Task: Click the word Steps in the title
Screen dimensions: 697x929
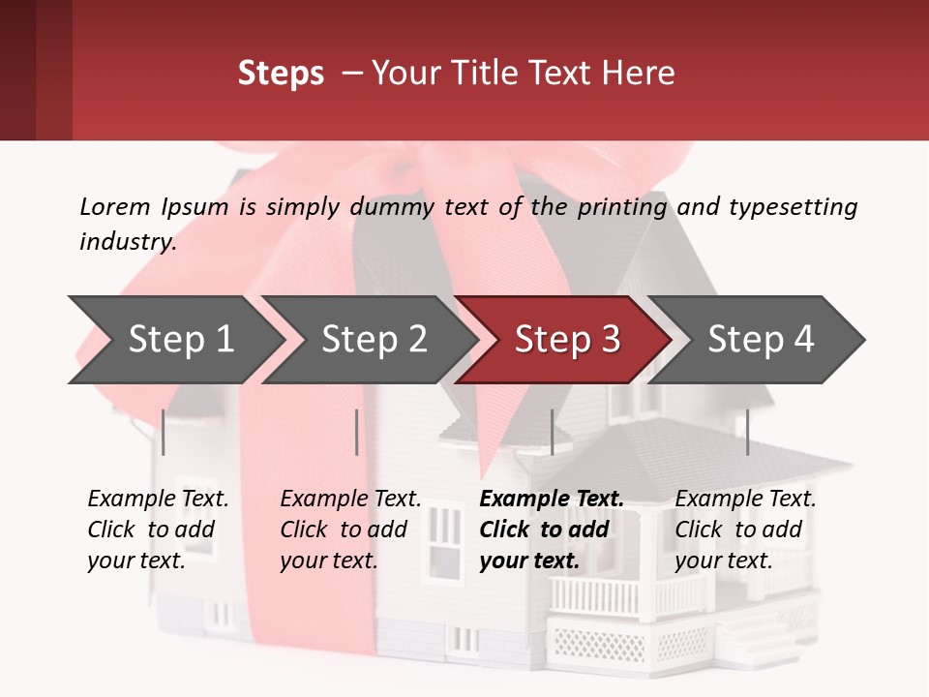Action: click(x=281, y=74)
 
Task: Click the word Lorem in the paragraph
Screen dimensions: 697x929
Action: click(x=114, y=206)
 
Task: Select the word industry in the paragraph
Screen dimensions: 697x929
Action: click(x=126, y=242)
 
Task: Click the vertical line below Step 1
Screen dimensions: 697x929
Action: click(x=164, y=432)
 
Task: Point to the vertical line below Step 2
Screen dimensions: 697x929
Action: click(x=357, y=432)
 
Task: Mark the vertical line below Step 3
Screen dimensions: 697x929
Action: click(x=552, y=432)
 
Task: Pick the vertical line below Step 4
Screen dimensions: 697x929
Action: click(x=747, y=432)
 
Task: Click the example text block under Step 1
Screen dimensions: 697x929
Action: click(x=158, y=530)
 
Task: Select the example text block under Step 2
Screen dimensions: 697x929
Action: click(x=350, y=530)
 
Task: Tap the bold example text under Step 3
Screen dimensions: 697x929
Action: click(x=552, y=530)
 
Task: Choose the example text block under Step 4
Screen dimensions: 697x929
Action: click(x=745, y=530)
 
